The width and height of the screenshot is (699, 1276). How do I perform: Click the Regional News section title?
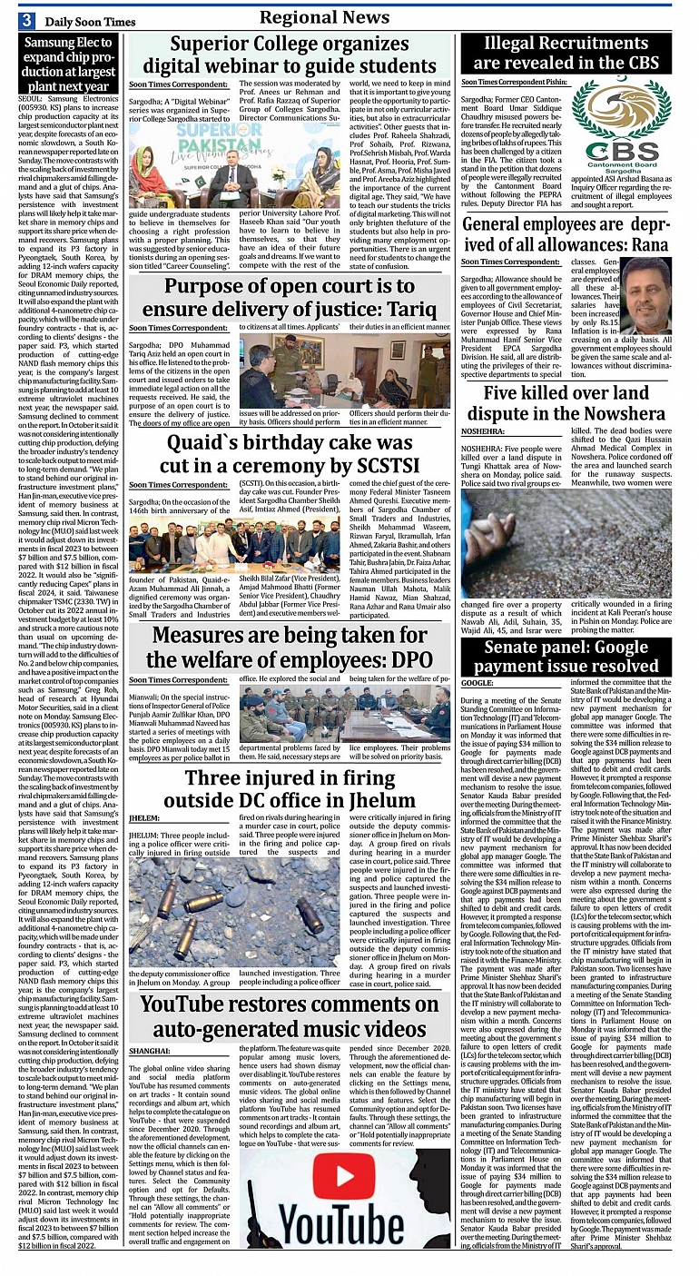coord(324,18)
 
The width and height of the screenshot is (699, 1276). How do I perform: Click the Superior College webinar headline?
coord(289,54)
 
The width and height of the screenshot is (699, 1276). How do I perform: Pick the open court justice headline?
coord(289,296)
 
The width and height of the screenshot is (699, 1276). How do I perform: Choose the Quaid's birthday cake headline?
coord(289,455)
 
